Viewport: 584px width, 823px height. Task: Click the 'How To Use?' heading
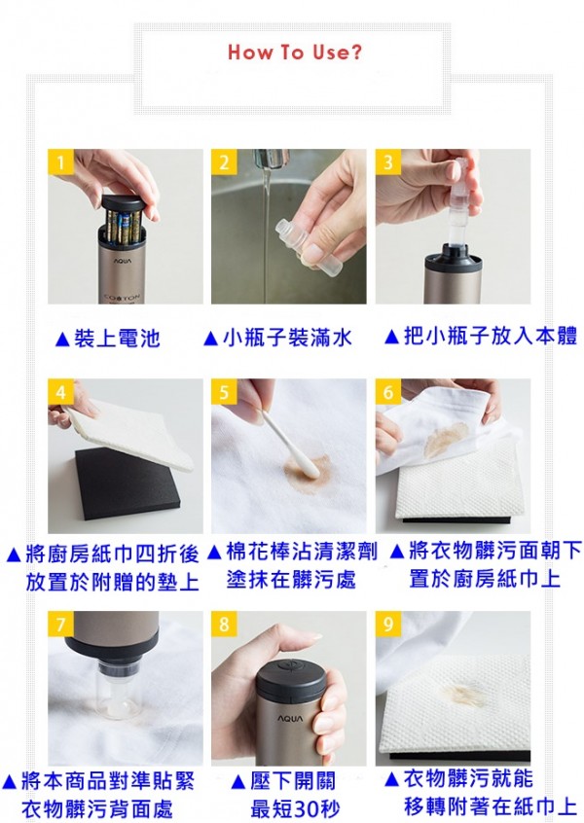click(x=294, y=53)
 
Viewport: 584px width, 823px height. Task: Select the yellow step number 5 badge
click(x=225, y=392)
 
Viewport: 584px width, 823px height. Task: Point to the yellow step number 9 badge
click(x=388, y=624)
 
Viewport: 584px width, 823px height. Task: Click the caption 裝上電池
click(x=108, y=339)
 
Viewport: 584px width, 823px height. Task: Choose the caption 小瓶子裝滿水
click(x=277, y=338)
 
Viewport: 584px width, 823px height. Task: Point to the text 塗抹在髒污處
click(x=291, y=580)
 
